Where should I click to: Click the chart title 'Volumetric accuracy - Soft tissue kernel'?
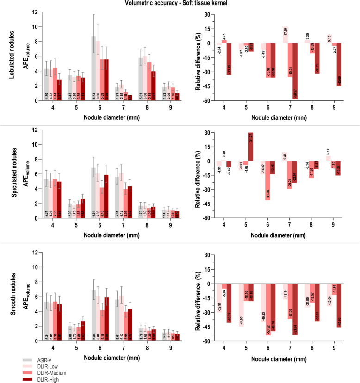coord(180,4)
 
